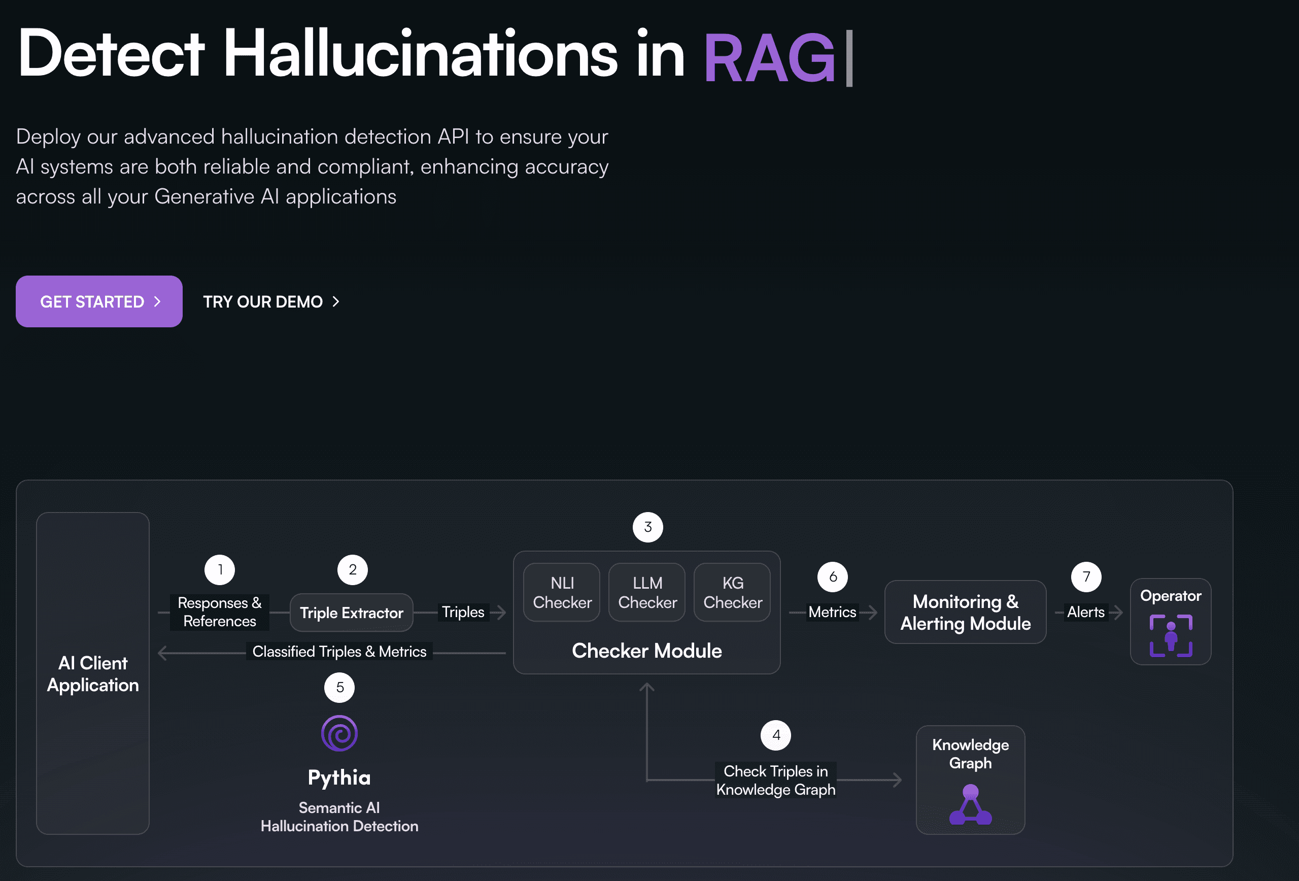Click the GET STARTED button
(x=99, y=301)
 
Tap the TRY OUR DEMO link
(x=271, y=302)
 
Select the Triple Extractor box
(x=352, y=613)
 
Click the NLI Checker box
(x=562, y=593)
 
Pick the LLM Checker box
(x=647, y=593)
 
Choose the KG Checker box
(x=732, y=593)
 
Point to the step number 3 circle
(x=648, y=527)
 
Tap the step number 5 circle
(x=340, y=688)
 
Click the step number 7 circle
(x=1086, y=577)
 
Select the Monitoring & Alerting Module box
(x=965, y=612)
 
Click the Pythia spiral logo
(x=339, y=733)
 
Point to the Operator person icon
(x=1171, y=635)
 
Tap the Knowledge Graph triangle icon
(x=970, y=804)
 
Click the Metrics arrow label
(x=832, y=612)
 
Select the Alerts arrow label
(x=1085, y=612)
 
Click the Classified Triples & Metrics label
(x=339, y=652)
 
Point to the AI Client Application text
(x=93, y=674)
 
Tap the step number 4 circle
(x=776, y=736)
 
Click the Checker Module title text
(x=646, y=651)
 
